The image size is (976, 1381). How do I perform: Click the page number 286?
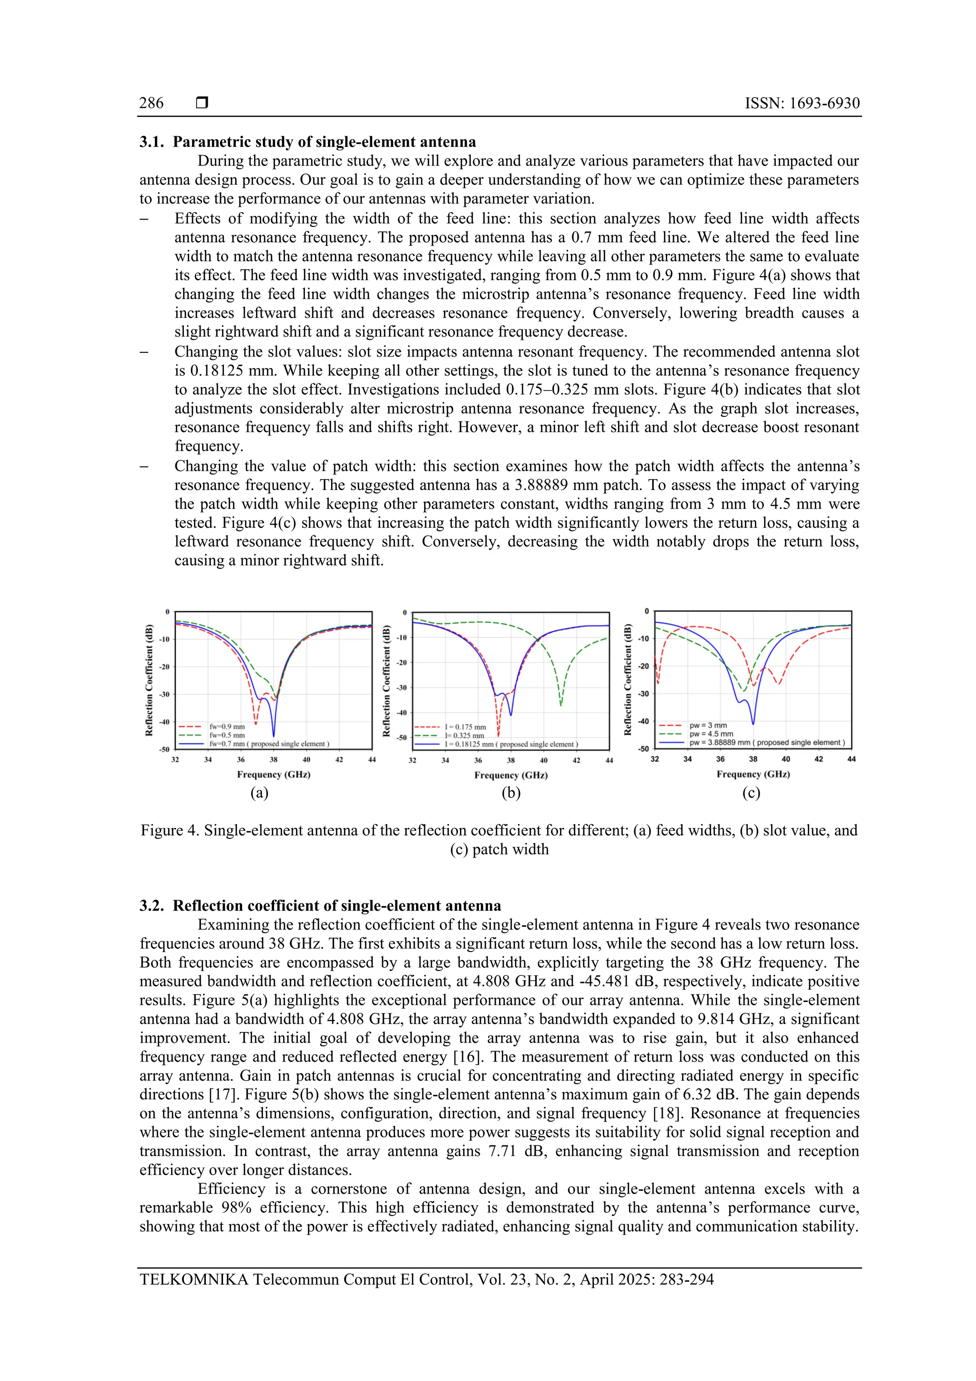click(x=151, y=103)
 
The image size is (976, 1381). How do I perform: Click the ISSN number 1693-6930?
click(x=824, y=103)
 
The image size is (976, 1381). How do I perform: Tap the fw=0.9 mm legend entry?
click(x=227, y=726)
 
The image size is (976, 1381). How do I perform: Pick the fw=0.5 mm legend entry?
click(x=227, y=735)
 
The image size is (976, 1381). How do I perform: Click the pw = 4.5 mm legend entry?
click(x=711, y=734)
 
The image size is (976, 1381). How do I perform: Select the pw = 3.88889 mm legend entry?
click(x=766, y=743)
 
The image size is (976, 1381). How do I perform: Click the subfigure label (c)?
click(x=751, y=793)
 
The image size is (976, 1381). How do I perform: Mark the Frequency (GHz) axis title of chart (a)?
click(x=274, y=774)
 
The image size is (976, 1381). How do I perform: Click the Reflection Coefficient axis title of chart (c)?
click(x=628, y=680)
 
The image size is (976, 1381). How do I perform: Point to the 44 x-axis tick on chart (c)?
click(x=851, y=759)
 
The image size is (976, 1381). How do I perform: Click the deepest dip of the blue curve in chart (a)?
click(x=274, y=736)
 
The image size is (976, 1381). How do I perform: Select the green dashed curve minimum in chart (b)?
click(x=561, y=706)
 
